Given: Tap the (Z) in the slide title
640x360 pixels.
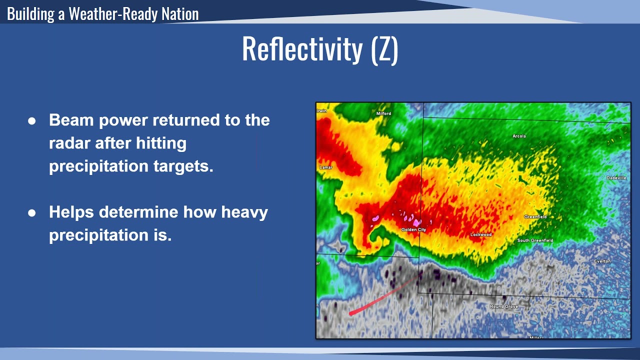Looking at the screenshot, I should coord(384,49).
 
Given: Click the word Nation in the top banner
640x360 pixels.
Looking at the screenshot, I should coord(179,13).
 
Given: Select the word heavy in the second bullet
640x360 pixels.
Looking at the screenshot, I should coord(244,212).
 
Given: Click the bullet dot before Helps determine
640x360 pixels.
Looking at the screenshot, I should coord(32,213).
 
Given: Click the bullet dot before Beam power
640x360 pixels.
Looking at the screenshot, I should coord(32,121).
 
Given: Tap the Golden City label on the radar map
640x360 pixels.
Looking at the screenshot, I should coord(413,230).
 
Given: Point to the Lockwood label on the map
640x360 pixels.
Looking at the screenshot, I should coord(481,234).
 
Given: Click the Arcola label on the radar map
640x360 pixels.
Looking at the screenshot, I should coord(519,136).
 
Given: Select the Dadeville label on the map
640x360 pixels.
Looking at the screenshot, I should coord(616,178).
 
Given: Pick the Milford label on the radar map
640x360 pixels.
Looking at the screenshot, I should coord(383,113).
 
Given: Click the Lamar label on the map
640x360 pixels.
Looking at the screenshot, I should coord(325,167).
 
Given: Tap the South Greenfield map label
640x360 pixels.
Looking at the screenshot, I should coord(535,240).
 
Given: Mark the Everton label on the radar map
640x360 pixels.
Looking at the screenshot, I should coord(602,261).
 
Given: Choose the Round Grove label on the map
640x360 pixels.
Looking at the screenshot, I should coord(503,306).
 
